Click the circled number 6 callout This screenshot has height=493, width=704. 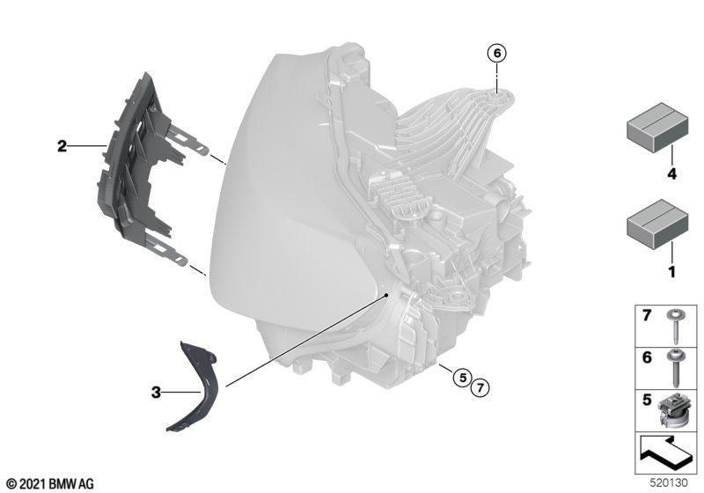(x=497, y=53)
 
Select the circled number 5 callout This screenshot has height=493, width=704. (x=463, y=377)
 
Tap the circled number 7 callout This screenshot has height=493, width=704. (x=480, y=386)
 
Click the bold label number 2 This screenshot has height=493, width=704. (x=62, y=146)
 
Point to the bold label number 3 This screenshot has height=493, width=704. (x=156, y=393)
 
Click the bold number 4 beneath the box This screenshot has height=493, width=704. (x=671, y=173)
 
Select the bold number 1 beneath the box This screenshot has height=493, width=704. (x=672, y=272)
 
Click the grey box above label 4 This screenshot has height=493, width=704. (x=657, y=128)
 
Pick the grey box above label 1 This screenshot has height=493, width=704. (x=657, y=224)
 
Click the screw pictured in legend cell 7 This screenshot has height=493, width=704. (x=674, y=326)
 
